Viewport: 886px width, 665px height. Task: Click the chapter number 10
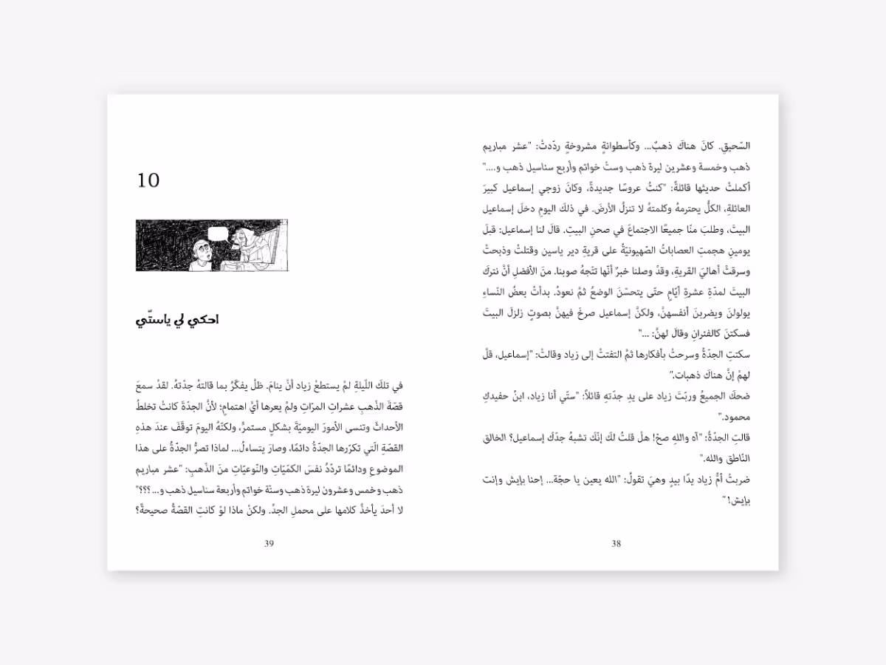coord(148,180)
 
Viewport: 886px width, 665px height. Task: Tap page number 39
coord(269,545)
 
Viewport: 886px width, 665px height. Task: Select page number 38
coord(617,545)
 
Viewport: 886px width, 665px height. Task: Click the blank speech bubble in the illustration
coord(219,235)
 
